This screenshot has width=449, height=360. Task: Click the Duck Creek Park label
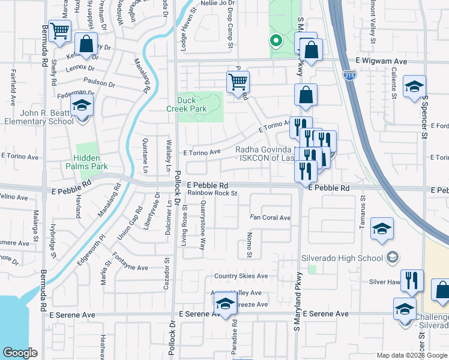187,104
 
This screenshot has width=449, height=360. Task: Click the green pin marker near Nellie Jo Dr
276,41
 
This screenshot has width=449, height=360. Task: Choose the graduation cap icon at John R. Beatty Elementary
82,106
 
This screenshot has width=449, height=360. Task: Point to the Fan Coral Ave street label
270,217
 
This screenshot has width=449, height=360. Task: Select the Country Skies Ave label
241,276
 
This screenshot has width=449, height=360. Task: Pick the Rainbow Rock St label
213,193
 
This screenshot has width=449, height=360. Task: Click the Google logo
21,353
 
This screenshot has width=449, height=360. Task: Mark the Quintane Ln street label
145,156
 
